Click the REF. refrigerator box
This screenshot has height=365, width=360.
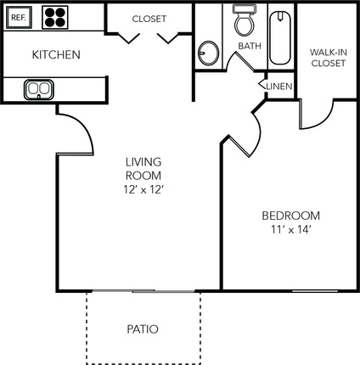(x=19, y=18)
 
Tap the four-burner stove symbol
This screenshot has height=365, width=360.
(x=55, y=18)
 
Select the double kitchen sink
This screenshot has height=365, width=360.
(x=39, y=90)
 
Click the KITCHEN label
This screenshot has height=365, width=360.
(x=56, y=54)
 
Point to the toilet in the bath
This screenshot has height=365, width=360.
(x=245, y=20)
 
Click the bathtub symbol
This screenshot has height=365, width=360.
(x=280, y=37)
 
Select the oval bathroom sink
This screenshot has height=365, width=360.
(x=209, y=53)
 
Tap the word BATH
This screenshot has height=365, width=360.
(x=250, y=46)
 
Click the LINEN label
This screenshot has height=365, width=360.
(x=279, y=87)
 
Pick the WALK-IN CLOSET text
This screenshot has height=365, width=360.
(x=329, y=58)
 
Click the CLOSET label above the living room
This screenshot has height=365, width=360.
(x=149, y=19)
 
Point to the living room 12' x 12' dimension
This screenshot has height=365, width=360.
(x=143, y=189)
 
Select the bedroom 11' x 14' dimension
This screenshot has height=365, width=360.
(x=291, y=229)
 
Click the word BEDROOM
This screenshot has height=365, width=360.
(x=291, y=216)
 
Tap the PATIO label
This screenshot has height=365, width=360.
(x=143, y=329)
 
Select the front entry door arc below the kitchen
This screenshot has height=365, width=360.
(x=84, y=125)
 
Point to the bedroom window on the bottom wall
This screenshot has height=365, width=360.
(x=315, y=290)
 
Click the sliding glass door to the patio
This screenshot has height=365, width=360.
(x=143, y=290)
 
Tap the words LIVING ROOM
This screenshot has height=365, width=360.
(x=143, y=169)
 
